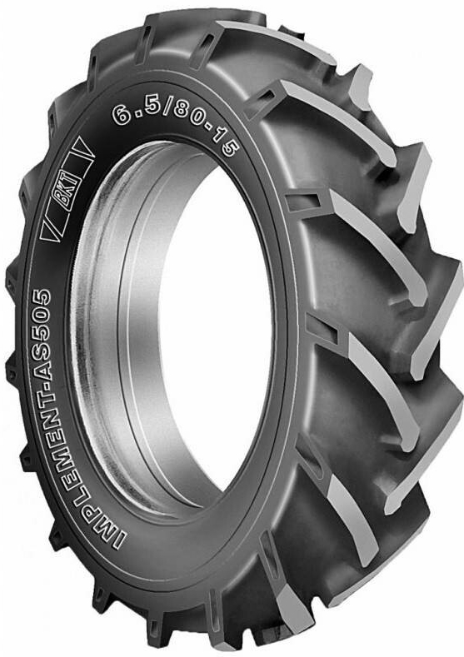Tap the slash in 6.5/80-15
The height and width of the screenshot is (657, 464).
click(x=167, y=107)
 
